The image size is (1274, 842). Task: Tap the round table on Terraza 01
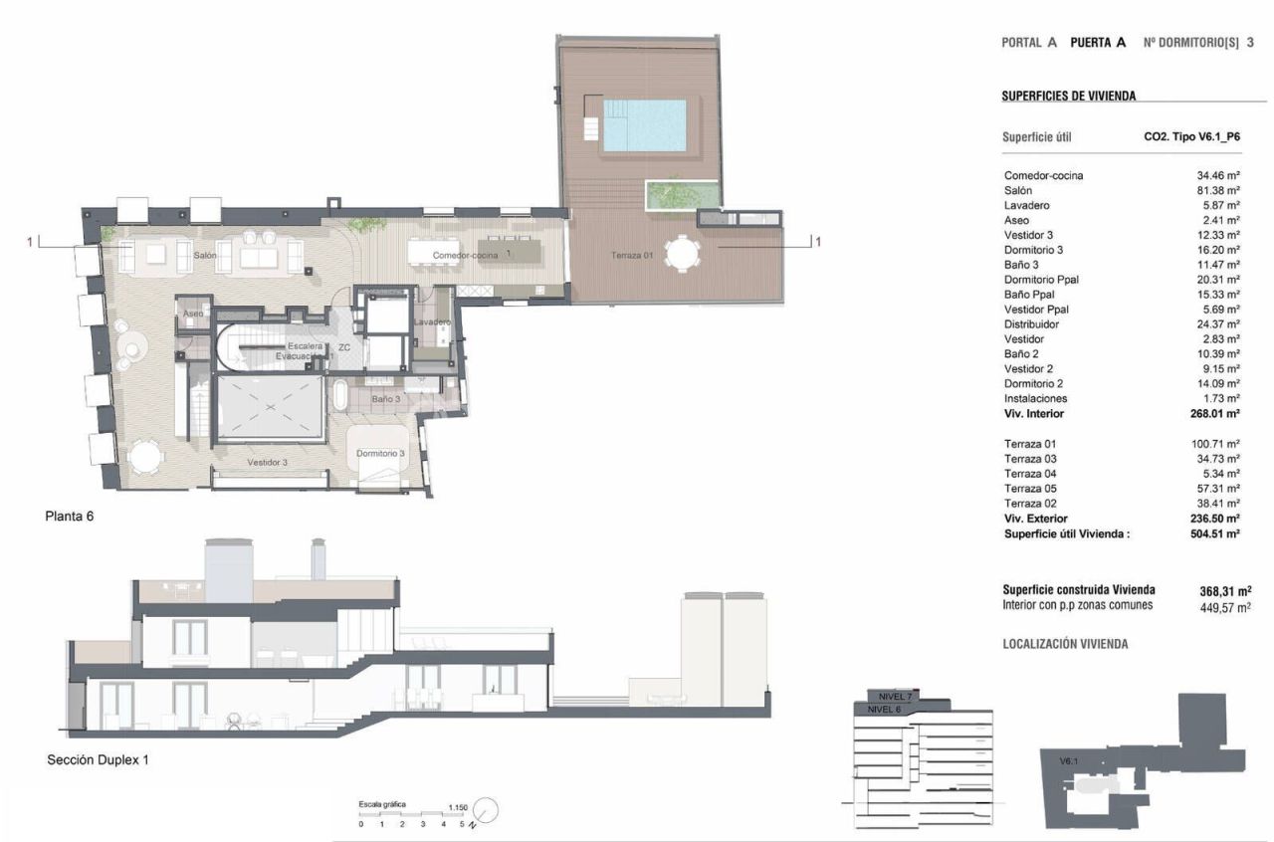[x=683, y=253]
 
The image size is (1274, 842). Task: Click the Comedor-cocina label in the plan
[x=465, y=256]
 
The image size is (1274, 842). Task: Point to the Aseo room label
[x=193, y=314]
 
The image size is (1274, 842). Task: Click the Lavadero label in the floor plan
[x=433, y=322]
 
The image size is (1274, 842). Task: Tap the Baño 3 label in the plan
[x=386, y=399]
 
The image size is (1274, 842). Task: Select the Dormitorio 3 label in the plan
[x=380, y=454]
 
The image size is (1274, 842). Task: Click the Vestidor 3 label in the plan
[x=268, y=463]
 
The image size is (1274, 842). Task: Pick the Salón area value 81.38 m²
[x=1218, y=190]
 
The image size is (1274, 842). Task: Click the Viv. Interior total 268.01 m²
[x=1215, y=413]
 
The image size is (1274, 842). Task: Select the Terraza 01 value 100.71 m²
[x=1215, y=444]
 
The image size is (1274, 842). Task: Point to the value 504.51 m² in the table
[x=1215, y=533]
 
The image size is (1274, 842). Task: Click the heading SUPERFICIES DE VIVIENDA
[x=1069, y=97]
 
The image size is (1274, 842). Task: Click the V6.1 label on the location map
[x=1069, y=761]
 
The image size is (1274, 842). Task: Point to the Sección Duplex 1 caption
[x=98, y=760]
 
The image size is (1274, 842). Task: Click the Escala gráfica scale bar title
[x=382, y=804]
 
